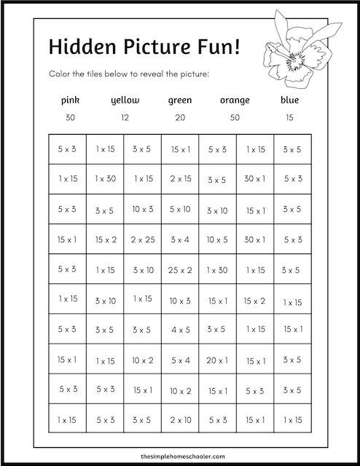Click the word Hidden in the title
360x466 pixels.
tap(78, 46)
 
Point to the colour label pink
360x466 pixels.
tap(70, 100)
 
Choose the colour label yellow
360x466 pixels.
tap(125, 100)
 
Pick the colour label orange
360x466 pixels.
tap(234, 100)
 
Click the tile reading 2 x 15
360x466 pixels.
tap(180, 178)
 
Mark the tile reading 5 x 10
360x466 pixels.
tap(180, 210)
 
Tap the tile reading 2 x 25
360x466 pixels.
tap(143, 239)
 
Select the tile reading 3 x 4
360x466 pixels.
tap(180, 239)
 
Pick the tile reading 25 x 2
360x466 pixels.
tap(180, 269)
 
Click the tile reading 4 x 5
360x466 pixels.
tap(180, 329)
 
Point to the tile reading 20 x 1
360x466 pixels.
tap(217, 359)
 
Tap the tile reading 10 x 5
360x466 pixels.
tap(217, 239)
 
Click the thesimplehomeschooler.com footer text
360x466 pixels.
tap(180, 451)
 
